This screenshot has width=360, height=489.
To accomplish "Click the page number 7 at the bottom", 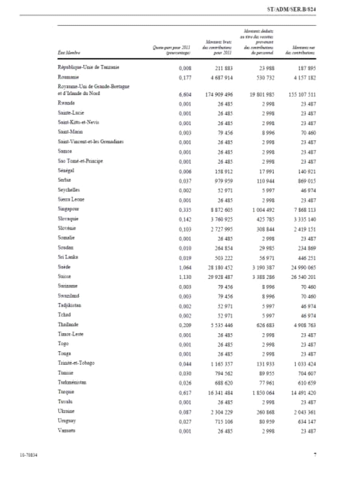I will (314, 454).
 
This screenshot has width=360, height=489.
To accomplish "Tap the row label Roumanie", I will (69, 77).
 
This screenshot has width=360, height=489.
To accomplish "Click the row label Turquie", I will (66, 392).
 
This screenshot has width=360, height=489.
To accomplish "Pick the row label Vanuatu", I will (68, 430).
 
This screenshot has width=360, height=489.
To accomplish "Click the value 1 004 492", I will (260, 209).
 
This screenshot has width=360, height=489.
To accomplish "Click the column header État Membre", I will (69, 52).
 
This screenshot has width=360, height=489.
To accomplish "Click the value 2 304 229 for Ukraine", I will (220, 411).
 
